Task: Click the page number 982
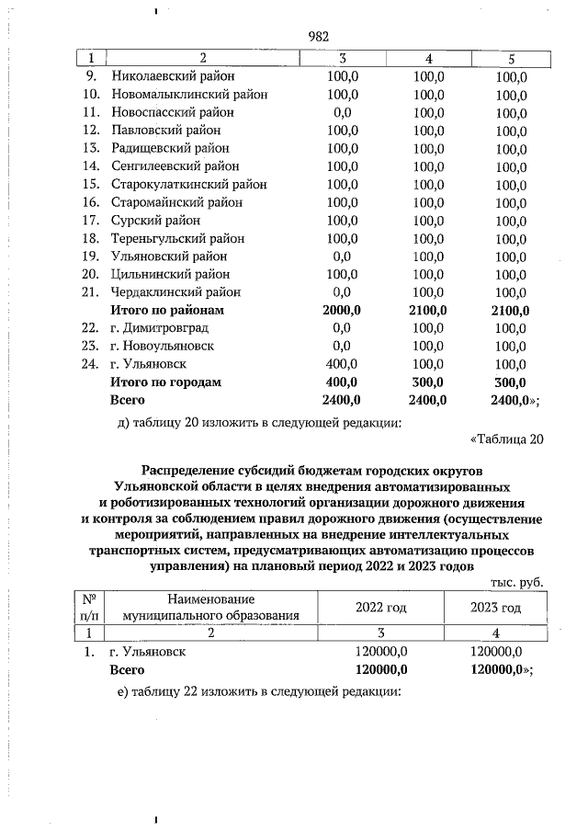point(318,37)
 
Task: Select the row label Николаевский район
point(173,76)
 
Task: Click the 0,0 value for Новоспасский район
point(342,112)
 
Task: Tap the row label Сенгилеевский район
point(175,166)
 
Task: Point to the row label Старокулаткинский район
point(188,184)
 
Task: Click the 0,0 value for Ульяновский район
point(342,256)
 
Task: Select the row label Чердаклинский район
point(176,291)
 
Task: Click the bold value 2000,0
point(342,310)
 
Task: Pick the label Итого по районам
point(166,310)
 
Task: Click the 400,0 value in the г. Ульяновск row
point(342,363)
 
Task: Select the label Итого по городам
point(165,382)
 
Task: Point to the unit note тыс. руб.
point(517,582)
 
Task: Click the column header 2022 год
point(380,608)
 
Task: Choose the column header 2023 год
point(495,608)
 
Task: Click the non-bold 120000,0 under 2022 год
point(380,652)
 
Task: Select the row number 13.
point(91,148)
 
